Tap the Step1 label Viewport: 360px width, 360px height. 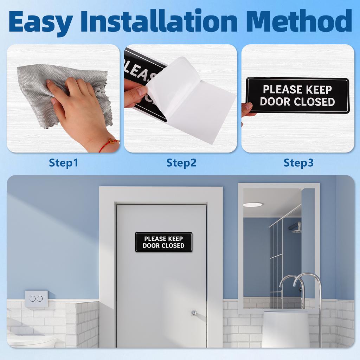click(x=63, y=163)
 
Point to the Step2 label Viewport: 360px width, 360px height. click(x=181, y=163)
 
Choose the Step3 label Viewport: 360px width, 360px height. click(x=298, y=163)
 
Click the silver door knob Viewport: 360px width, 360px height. click(x=194, y=313)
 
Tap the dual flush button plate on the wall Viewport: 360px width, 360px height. click(x=36, y=298)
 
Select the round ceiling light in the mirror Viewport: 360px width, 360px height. click(x=253, y=205)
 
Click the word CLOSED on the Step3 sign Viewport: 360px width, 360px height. click(x=314, y=102)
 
